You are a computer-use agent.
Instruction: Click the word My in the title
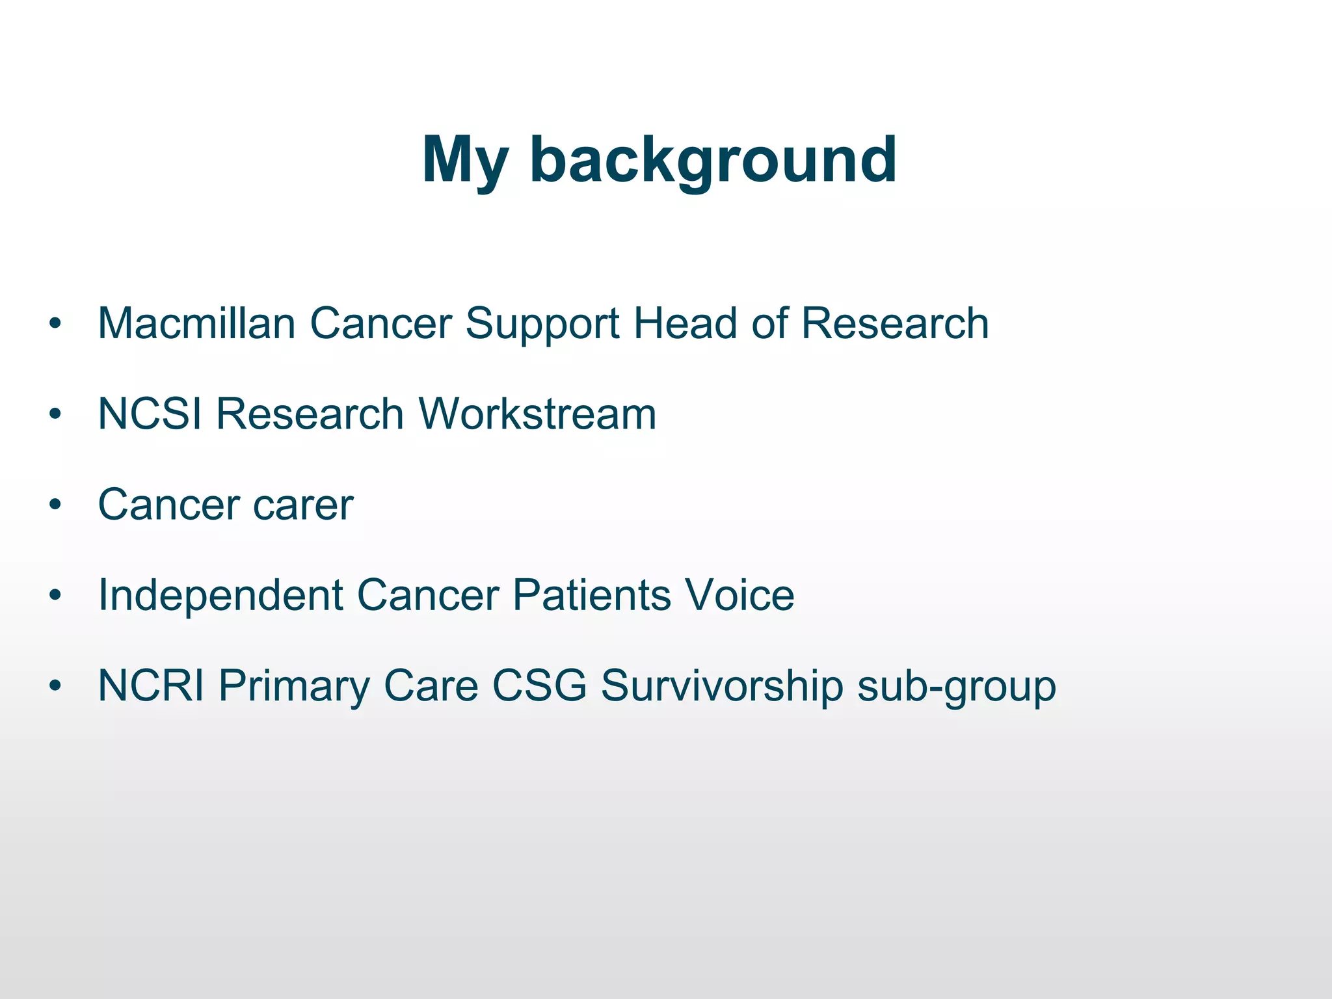point(464,160)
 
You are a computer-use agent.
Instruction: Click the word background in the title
point(713,160)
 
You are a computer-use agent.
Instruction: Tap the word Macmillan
point(196,323)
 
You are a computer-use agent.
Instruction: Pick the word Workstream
point(537,414)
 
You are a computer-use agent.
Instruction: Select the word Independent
point(220,595)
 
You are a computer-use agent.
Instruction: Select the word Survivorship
point(722,687)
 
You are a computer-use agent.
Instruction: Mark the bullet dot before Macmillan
point(55,324)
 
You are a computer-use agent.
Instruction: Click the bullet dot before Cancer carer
point(55,505)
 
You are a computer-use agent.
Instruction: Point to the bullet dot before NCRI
point(55,686)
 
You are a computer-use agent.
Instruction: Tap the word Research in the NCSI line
point(310,414)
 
